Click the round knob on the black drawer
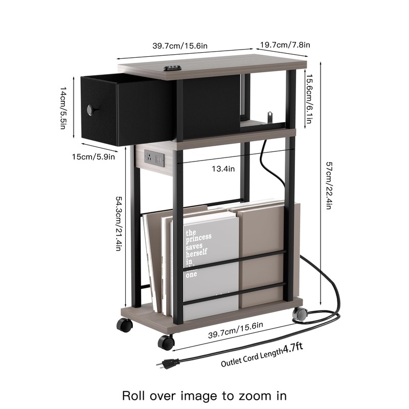(x=92, y=109)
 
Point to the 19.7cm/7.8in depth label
(x=285, y=46)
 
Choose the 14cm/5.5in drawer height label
(x=63, y=108)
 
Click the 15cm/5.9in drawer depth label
(x=94, y=156)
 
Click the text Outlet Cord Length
(x=251, y=357)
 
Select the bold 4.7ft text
(x=292, y=348)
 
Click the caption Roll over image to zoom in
(x=204, y=395)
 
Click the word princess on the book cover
(x=198, y=239)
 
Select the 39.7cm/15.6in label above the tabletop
(x=180, y=46)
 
